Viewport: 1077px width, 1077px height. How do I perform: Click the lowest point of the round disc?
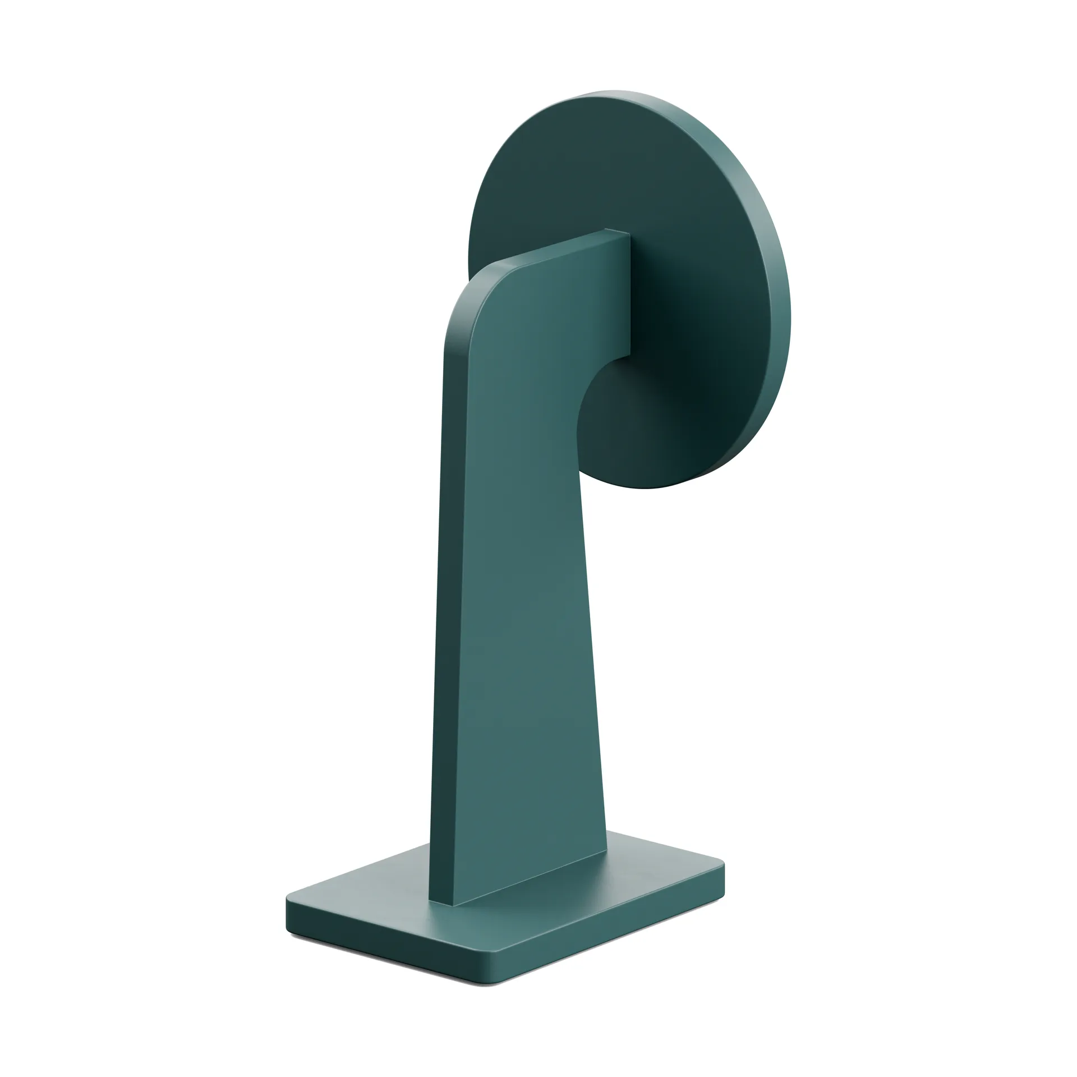645,487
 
